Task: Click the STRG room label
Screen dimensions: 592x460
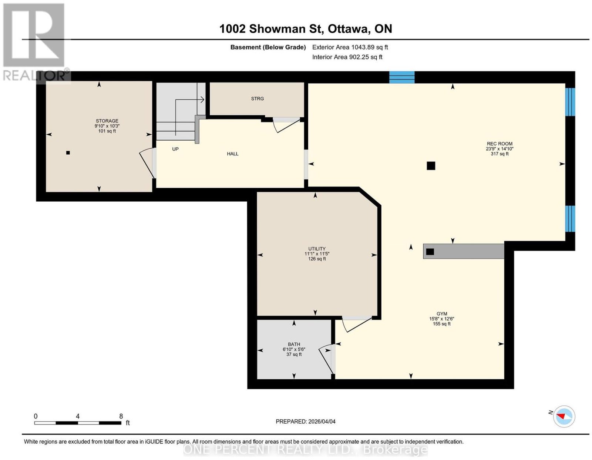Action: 257,98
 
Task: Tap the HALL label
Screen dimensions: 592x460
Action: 232,154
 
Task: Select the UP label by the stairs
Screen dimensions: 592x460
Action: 175,149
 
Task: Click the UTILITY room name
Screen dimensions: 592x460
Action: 317,249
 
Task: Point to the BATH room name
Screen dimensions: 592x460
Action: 294,344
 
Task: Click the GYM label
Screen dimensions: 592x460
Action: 442,314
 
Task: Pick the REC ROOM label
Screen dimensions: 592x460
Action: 499,144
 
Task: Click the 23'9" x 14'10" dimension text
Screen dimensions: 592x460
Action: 499,149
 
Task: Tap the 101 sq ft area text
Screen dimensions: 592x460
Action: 107,131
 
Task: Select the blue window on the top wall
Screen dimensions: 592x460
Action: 401,77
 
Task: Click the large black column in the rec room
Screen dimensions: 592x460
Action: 431,165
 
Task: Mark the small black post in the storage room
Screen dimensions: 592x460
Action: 68,153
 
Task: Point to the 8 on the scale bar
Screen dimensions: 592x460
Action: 121,416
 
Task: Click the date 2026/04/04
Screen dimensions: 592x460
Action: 322,422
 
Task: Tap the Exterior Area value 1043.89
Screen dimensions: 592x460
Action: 363,47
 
